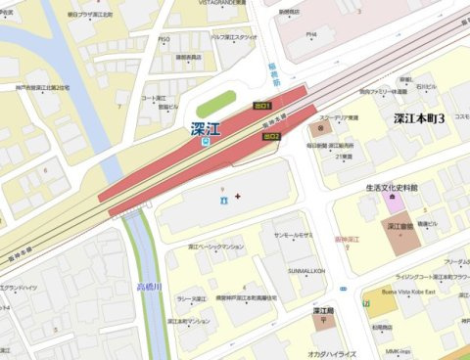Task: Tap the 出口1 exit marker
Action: pos(261,104)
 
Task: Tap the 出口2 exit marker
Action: pos(271,138)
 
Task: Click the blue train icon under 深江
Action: pos(205,142)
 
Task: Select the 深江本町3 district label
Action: pos(419,118)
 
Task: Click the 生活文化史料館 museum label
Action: pos(399,188)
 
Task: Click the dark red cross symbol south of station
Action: pos(236,199)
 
